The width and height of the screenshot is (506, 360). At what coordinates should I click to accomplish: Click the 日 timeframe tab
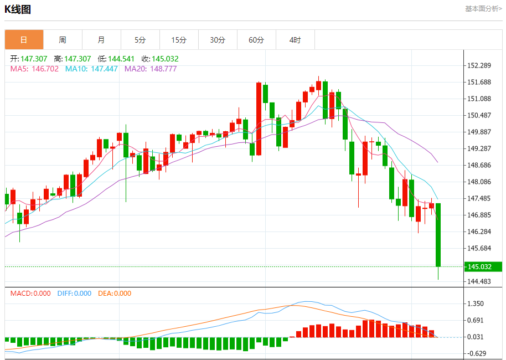tap(24, 40)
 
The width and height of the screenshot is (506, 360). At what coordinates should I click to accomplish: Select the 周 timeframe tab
tap(63, 40)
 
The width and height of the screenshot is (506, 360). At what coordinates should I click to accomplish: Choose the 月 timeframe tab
tap(101, 40)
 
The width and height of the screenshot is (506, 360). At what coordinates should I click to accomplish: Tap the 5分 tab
tap(140, 40)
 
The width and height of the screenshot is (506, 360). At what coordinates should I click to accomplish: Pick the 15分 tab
tap(179, 40)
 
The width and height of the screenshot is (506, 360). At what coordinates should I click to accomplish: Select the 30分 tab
tap(218, 40)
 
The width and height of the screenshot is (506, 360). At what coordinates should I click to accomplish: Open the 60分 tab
tap(256, 40)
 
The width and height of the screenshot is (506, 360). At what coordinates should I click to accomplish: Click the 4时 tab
tap(295, 40)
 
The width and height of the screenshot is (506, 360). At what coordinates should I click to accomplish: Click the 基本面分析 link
tap(483, 9)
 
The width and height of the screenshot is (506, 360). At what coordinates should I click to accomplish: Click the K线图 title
tap(18, 9)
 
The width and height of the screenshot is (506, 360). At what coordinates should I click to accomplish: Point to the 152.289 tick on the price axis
tap(480, 65)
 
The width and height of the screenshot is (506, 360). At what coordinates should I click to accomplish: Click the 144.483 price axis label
tap(480, 281)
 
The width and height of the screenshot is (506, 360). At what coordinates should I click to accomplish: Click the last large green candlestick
tap(438, 235)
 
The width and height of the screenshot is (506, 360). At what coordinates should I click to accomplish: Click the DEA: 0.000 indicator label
tap(115, 294)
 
